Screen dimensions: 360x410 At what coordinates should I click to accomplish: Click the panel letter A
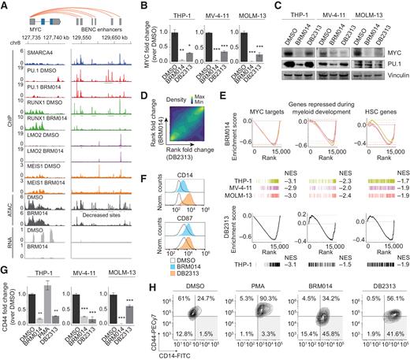click(5, 6)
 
